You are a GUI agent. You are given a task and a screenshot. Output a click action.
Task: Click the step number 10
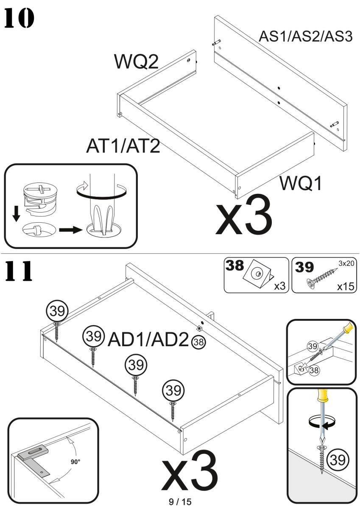tap(19, 18)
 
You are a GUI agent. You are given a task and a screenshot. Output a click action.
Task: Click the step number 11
tap(19, 271)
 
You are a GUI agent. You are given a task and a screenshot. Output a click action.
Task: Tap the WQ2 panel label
tap(136, 62)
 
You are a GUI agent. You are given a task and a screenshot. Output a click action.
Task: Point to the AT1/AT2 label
tap(123, 146)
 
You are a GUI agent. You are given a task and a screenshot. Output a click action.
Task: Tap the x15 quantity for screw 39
tap(345, 286)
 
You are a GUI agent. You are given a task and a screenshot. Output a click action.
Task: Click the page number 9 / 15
tap(180, 502)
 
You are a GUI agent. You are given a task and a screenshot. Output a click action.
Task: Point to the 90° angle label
tap(75, 462)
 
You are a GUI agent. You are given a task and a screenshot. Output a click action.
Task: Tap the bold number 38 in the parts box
tap(234, 266)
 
